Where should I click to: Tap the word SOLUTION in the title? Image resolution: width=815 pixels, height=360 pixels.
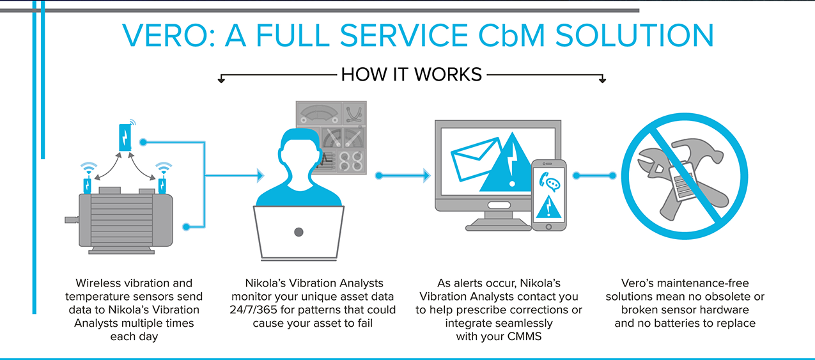coord(634,35)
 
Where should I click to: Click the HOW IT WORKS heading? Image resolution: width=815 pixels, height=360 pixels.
coord(411,75)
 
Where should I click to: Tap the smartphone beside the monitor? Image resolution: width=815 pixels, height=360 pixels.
coord(548,195)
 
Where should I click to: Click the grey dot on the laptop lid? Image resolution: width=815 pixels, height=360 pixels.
coord(299,232)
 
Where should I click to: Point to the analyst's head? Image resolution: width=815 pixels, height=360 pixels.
coord(299,156)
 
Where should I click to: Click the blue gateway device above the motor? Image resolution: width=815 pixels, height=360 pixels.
coord(125,137)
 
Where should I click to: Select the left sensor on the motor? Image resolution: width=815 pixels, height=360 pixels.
coord(88,185)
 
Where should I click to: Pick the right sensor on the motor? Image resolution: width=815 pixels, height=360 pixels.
coord(162,185)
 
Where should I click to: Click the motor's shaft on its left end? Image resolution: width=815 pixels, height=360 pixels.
coord(72,219)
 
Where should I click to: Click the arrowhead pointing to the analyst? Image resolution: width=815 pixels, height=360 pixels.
coord(261,175)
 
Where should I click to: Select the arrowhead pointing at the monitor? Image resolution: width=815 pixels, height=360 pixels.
coord(427,175)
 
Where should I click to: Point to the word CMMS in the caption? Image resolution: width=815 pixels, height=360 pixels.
coord(524,336)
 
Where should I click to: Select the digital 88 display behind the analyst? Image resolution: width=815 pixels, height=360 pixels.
coord(351,161)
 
